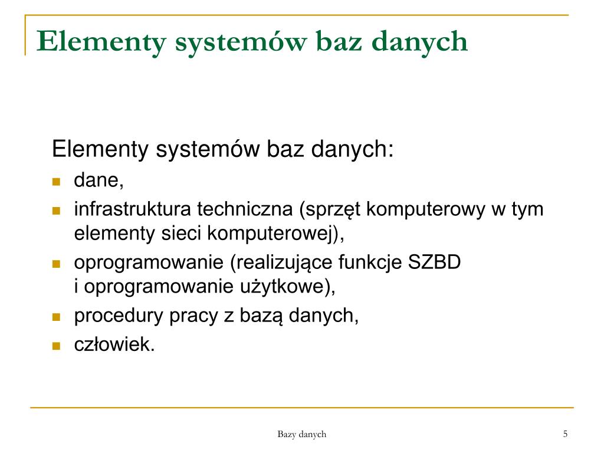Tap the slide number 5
pyautogui.click(x=565, y=434)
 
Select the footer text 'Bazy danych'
pyautogui.click(x=301, y=435)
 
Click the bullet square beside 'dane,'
pyautogui.click(x=56, y=182)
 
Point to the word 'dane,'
pyautogui.click(x=99, y=180)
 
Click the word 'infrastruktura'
pyautogui.click(x=132, y=209)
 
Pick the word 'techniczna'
pyautogui.click(x=245, y=209)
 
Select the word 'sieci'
pyautogui.click(x=181, y=233)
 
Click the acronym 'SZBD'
pyautogui.click(x=434, y=262)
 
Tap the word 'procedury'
pyautogui.click(x=119, y=317)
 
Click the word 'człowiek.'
pyautogui.click(x=114, y=344)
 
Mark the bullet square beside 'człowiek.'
pyautogui.click(x=56, y=346)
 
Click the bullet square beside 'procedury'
pyautogui.click(x=56, y=317)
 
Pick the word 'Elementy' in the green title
pyautogui.click(x=101, y=42)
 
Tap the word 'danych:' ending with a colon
pyautogui.click(x=352, y=149)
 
